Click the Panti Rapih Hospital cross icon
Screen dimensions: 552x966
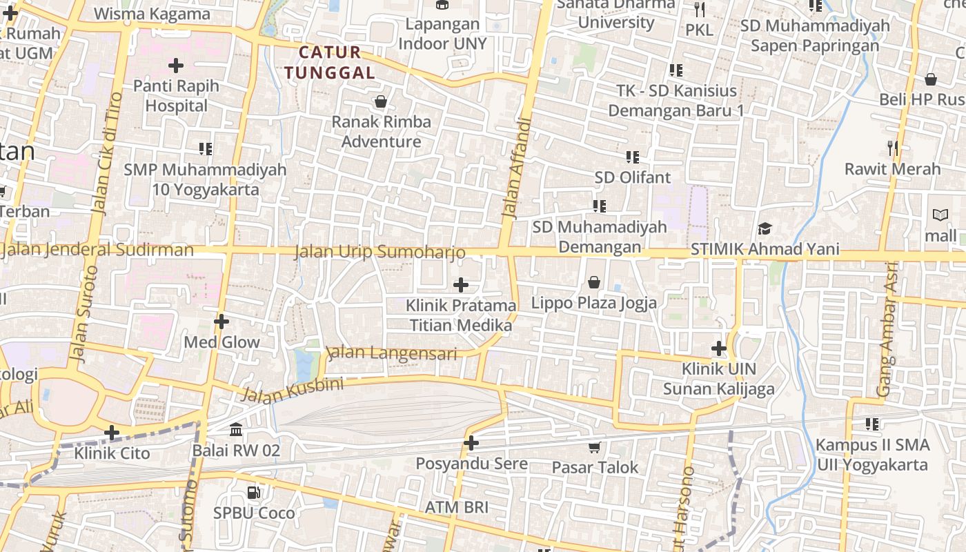[x=176, y=66]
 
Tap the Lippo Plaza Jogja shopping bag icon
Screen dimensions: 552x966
[x=593, y=282]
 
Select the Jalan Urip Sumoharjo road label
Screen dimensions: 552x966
[x=379, y=252]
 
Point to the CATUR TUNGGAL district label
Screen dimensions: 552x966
[x=330, y=62]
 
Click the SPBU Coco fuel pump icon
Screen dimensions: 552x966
[x=254, y=493]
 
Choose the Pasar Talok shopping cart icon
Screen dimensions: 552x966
[x=594, y=447]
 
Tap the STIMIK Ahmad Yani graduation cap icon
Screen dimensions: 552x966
[x=765, y=228]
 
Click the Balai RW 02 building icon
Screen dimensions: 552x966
[x=236, y=430]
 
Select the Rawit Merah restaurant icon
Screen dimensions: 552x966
[x=892, y=148]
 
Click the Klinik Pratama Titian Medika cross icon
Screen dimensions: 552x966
[x=461, y=284]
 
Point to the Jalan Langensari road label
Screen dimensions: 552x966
[x=392, y=353]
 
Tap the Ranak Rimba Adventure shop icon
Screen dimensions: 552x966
[x=380, y=102]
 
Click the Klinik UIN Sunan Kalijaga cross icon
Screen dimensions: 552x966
[x=719, y=348]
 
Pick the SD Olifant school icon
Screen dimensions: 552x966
[x=632, y=157]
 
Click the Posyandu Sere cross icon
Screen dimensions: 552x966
[x=471, y=443]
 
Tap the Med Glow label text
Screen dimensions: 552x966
[x=221, y=342]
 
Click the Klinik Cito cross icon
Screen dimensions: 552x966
[x=112, y=433]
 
